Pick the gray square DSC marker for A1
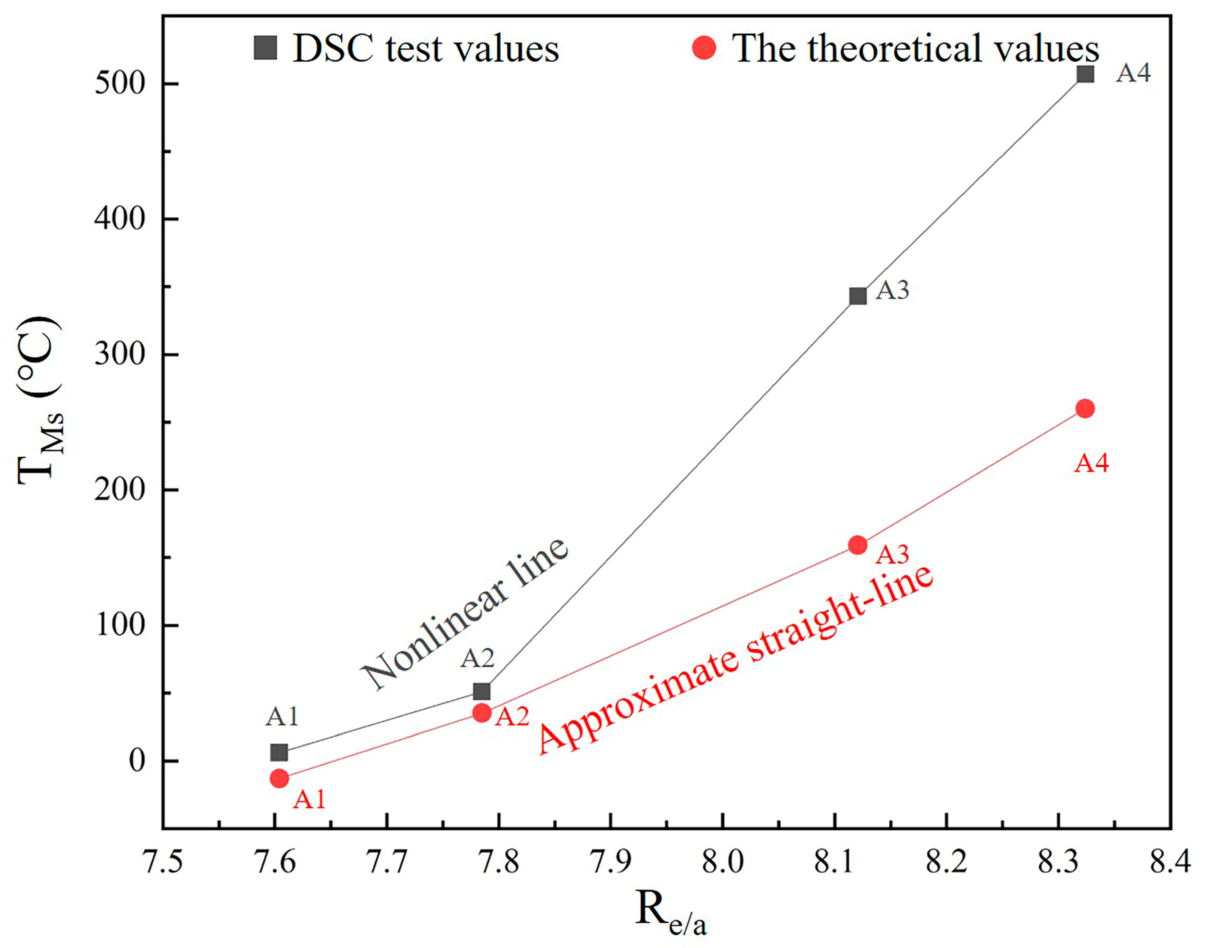[279, 753]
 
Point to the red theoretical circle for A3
[858, 545]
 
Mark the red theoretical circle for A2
[482, 713]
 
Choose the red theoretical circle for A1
[279, 779]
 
